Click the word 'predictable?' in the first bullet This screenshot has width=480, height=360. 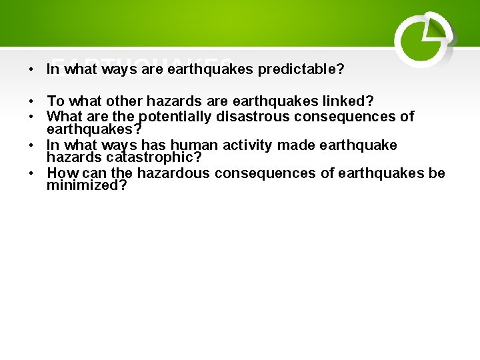click(x=301, y=69)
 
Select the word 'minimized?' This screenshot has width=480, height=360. click(x=87, y=185)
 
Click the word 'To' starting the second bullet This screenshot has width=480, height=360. click(x=55, y=101)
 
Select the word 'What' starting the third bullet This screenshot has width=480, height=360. click(x=63, y=117)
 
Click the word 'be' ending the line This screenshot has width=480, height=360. click(x=437, y=173)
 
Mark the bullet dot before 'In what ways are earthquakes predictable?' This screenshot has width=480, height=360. click(x=31, y=69)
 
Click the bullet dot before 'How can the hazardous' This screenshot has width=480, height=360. click(x=31, y=173)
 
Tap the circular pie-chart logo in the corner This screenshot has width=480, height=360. click(x=423, y=39)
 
